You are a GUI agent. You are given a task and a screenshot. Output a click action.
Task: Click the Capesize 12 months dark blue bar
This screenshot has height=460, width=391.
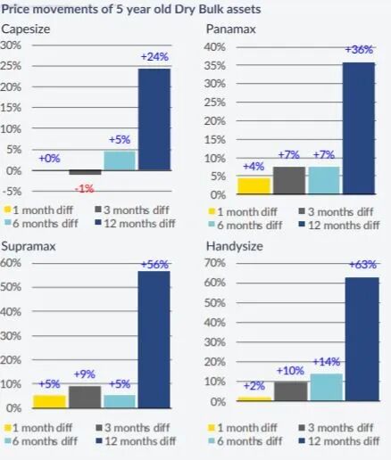pos(154,119)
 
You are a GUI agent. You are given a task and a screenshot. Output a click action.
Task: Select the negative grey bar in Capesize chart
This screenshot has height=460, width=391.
pos(85,172)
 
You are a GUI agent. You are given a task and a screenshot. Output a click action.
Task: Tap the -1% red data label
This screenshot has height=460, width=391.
pos(85,189)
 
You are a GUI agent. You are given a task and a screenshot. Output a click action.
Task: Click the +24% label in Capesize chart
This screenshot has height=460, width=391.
pos(154,56)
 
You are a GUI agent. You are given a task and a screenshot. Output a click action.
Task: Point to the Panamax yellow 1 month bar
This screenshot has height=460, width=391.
pos(254,186)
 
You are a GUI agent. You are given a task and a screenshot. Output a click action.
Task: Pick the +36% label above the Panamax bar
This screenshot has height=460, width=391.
pos(359,49)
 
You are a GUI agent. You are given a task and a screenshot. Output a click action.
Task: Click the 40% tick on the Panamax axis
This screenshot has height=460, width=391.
pos(215,47)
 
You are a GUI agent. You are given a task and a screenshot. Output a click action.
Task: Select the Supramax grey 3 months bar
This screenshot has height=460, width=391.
pos(85,397)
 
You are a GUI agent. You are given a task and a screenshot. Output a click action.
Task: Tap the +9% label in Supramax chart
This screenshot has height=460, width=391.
pos(85,374)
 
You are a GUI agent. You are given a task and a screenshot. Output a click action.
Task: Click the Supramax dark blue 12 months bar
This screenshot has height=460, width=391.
pos(154,340)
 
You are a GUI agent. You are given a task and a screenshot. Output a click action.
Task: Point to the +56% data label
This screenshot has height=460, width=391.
pos(154,264)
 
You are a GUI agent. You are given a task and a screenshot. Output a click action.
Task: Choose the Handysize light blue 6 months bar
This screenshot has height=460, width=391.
pos(327,387)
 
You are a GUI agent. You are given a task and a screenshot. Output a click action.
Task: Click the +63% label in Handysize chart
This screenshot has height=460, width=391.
pos(362,264)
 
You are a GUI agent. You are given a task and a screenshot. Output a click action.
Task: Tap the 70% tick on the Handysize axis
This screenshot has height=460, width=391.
pos(215,263)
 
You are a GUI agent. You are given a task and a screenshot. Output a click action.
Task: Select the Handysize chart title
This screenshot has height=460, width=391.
pos(235,246)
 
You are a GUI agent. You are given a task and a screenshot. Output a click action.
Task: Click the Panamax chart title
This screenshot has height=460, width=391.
pos(231,29)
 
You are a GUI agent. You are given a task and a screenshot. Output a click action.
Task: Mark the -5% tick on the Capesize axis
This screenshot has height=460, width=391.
pos(12,192)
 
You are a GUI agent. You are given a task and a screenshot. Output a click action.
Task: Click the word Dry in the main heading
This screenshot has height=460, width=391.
pos(184,9)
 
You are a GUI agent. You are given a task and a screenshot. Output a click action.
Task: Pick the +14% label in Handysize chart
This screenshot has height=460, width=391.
pos(327,362)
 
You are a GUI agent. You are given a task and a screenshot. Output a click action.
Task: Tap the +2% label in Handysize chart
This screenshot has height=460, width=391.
pos(254,386)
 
